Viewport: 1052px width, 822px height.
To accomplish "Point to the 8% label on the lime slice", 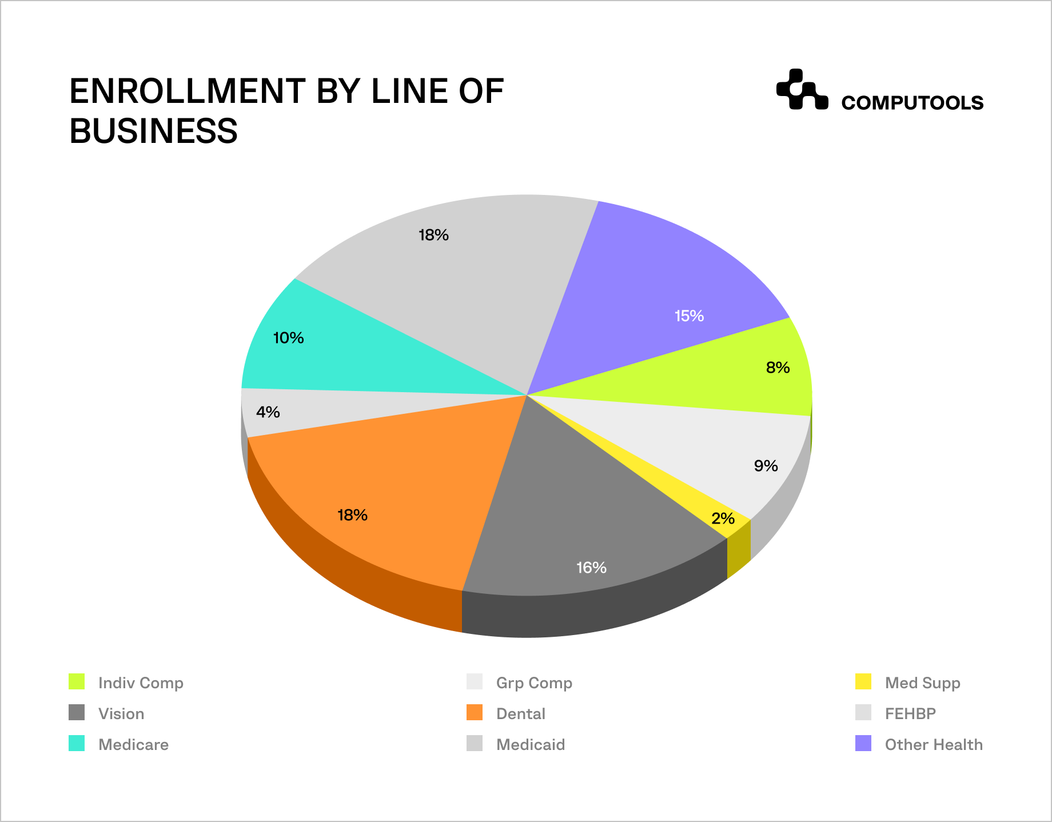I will point(778,368).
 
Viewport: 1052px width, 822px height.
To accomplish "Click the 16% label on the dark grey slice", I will point(591,568).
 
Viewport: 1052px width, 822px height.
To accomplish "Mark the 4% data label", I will point(268,412).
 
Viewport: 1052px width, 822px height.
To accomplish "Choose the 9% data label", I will point(766,466).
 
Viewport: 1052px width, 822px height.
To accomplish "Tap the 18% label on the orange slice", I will point(352,515).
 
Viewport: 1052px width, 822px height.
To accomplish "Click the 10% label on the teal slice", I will point(288,338).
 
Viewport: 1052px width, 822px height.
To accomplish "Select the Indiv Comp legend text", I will point(141,683).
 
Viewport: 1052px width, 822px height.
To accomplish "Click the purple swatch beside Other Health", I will point(863,744).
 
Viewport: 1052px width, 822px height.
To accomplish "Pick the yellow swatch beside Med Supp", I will point(863,682).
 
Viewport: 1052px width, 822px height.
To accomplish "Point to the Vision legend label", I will point(121,713).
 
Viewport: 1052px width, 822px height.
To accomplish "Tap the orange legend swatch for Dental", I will point(475,713).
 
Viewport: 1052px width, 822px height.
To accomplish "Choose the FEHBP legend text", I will point(910,713).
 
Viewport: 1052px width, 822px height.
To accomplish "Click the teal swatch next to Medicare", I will point(77,744).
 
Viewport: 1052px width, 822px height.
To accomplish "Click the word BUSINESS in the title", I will point(153,131).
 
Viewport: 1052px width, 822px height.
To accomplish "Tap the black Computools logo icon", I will point(802,90).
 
